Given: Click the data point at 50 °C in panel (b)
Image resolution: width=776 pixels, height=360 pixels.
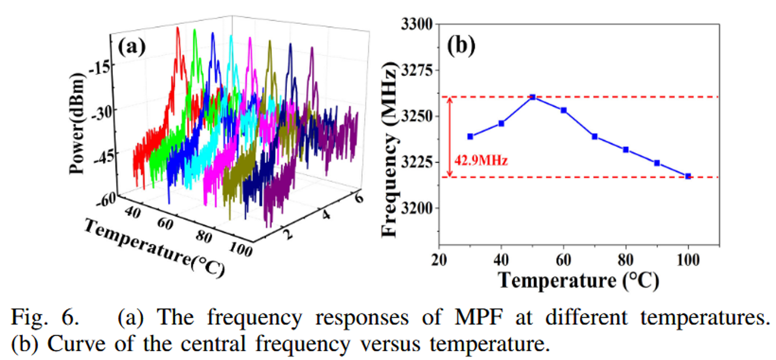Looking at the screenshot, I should pos(533,97).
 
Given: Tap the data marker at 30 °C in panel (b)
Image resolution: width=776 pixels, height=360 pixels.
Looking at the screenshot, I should pos(470,137).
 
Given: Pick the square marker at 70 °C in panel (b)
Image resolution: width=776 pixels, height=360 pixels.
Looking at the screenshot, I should pos(595,137).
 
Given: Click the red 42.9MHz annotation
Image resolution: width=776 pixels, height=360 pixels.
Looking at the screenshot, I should pos(481,160).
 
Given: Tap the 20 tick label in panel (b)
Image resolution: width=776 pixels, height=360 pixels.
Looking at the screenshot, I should pos(439,260).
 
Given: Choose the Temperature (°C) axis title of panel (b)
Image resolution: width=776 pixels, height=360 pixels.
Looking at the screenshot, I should pos(578,281).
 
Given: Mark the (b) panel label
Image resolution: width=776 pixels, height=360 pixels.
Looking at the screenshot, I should pos(461,46).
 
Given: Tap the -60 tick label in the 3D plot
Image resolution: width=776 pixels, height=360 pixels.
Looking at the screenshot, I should pos(107,200).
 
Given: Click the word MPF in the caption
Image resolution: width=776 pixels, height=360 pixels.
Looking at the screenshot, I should pos(479,318).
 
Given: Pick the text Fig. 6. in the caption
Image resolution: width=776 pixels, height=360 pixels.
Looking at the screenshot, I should pos(45,318).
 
